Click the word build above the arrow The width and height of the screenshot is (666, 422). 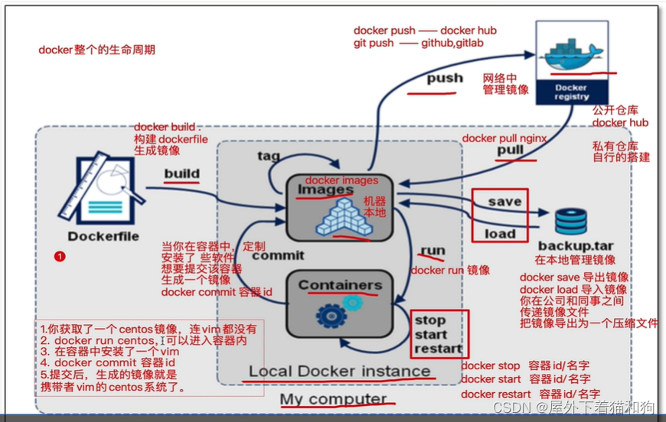pos(181,174)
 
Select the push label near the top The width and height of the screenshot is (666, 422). pos(445,78)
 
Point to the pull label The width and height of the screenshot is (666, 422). pos(511,150)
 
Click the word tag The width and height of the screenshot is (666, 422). pos(269,156)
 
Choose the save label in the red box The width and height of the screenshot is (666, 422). pos(504,202)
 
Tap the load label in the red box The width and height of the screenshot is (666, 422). pos(501,233)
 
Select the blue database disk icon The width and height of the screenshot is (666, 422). pos(570,221)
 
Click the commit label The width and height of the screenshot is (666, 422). pos(278,255)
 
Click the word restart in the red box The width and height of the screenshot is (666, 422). pos(439,349)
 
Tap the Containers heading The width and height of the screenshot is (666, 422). pos(339,285)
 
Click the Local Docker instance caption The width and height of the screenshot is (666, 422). pos(339,372)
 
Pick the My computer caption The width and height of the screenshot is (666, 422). pos(333,399)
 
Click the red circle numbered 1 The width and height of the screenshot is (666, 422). pos(60,256)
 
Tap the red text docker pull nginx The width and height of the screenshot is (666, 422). pos(504,138)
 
